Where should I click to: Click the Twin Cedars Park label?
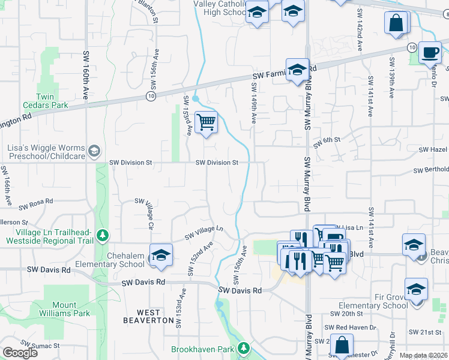[45, 101]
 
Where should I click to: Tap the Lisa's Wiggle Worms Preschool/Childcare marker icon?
[93, 152]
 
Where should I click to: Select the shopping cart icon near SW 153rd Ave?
[206, 122]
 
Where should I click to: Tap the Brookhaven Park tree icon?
[243, 348]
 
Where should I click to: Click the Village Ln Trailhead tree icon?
[103, 235]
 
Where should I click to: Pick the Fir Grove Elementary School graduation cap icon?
[416, 290]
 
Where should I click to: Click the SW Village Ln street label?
[203, 232]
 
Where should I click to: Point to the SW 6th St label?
[327, 142]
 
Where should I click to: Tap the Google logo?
[20, 353]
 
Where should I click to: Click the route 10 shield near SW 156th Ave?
[150, 95]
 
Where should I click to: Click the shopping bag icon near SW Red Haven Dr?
[342, 346]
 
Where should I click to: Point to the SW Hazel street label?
[433, 149]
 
